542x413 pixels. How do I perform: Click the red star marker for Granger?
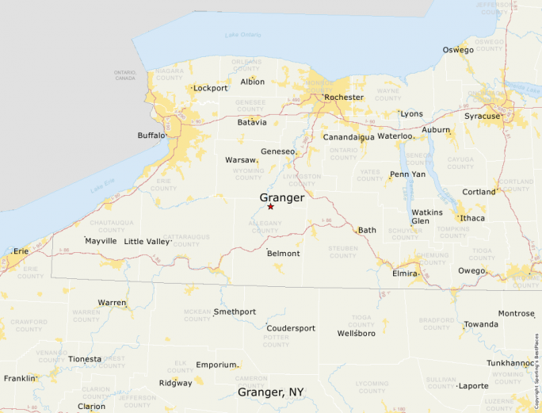(270, 207)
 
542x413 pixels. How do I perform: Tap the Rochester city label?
(343, 98)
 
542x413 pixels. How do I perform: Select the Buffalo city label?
(151, 136)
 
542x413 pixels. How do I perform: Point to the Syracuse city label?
(482, 117)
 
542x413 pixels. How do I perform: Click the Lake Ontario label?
(242, 35)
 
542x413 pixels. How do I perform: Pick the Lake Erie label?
(103, 188)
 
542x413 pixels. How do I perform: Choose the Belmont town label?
(283, 254)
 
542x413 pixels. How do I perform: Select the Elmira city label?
(404, 273)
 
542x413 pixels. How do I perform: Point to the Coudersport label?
(291, 328)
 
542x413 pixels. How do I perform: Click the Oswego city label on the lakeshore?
(458, 50)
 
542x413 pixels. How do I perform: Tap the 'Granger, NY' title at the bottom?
(271, 392)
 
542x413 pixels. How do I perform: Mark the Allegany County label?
(265, 227)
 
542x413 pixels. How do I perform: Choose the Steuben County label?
(343, 252)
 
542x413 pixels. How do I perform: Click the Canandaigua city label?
(349, 137)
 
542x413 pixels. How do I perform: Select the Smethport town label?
(235, 312)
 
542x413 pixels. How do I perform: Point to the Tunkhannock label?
(510, 363)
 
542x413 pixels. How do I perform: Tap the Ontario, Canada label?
(125, 75)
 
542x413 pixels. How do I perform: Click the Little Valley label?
(147, 241)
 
